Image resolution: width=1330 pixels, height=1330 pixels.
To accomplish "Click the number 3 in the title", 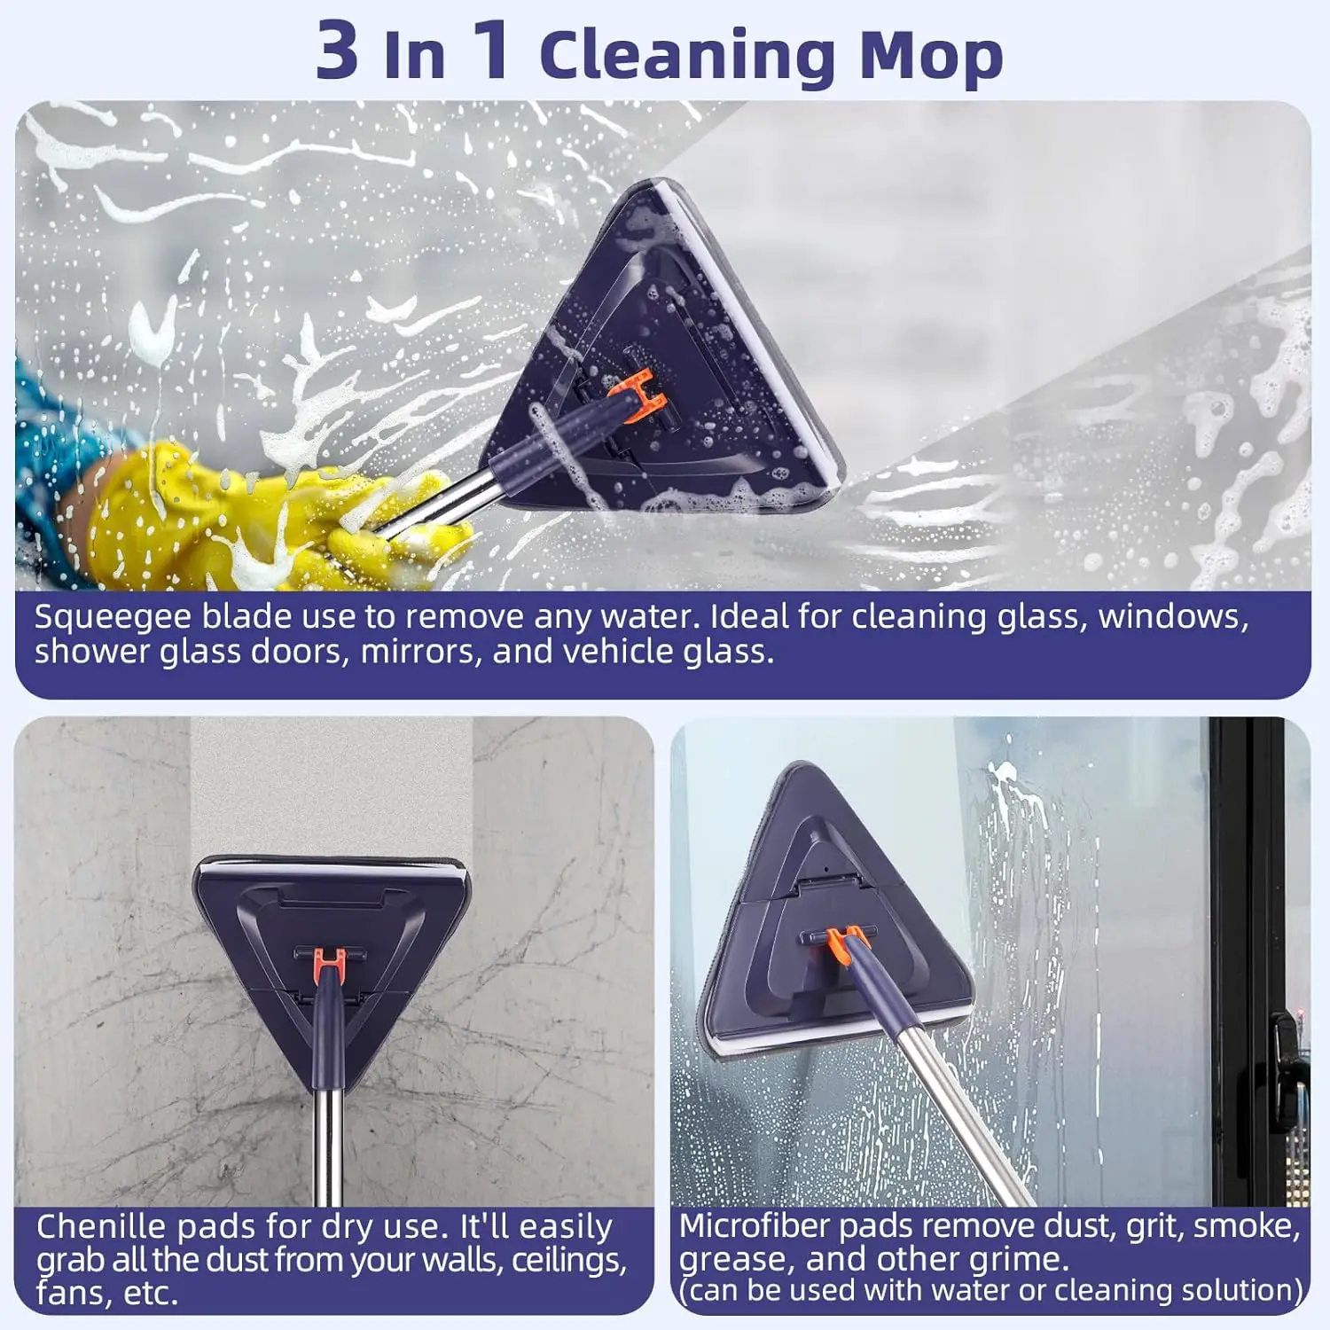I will [x=337, y=51].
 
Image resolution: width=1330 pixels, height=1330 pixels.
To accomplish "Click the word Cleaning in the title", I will [x=687, y=55].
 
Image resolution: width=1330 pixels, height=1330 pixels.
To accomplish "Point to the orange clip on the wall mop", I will [x=329, y=959].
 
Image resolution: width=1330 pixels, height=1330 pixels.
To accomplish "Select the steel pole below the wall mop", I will [x=329, y=1144].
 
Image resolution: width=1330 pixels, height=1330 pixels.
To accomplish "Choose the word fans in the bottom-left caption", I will [x=69, y=1294].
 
